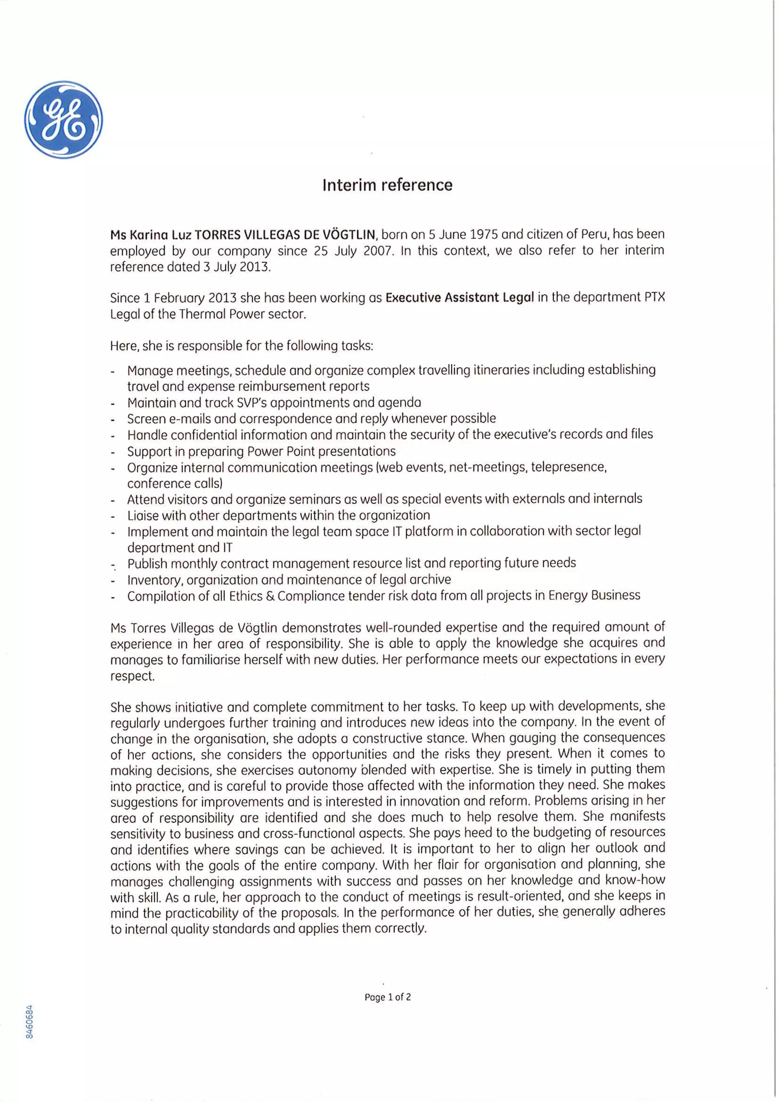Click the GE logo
(63, 119)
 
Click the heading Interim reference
(387, 185)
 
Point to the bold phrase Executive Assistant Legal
(459, 298)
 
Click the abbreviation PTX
(654, 297)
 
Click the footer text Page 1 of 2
(387, 997)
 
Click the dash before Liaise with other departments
(113, 516)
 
